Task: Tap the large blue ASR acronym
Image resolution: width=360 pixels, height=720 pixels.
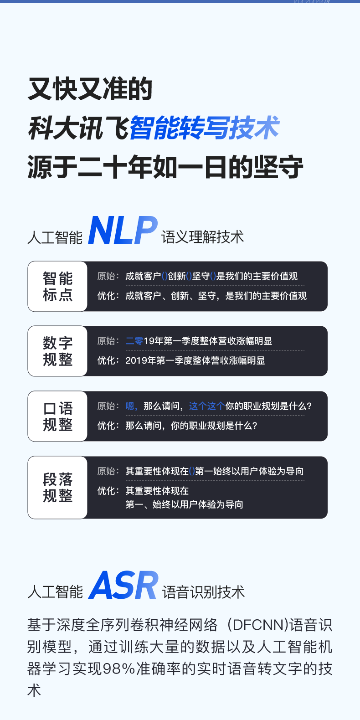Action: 123,585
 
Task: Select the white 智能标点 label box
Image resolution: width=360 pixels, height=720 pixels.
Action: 57,286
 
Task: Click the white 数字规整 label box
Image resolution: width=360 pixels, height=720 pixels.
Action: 57,351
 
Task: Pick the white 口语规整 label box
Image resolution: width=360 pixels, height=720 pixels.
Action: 57,416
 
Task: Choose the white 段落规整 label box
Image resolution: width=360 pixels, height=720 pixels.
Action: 57,487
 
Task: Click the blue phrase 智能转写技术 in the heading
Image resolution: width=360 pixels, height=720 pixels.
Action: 205,128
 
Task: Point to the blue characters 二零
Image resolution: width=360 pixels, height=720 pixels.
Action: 134,341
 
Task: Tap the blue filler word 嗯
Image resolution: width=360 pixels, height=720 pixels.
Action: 130,406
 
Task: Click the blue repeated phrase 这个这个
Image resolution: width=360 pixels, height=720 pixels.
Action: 207,406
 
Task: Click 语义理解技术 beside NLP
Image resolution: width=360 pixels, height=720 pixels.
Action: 202,237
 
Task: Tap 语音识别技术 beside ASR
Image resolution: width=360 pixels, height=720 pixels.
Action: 203,592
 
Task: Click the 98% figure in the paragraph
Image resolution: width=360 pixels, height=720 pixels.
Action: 119,669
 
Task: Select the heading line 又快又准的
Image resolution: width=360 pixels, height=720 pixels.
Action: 90,89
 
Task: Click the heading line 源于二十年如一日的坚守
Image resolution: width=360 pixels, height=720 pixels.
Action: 165,167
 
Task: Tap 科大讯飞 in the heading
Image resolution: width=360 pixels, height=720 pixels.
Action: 78,128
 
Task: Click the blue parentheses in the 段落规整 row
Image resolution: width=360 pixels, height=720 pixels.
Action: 191,471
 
